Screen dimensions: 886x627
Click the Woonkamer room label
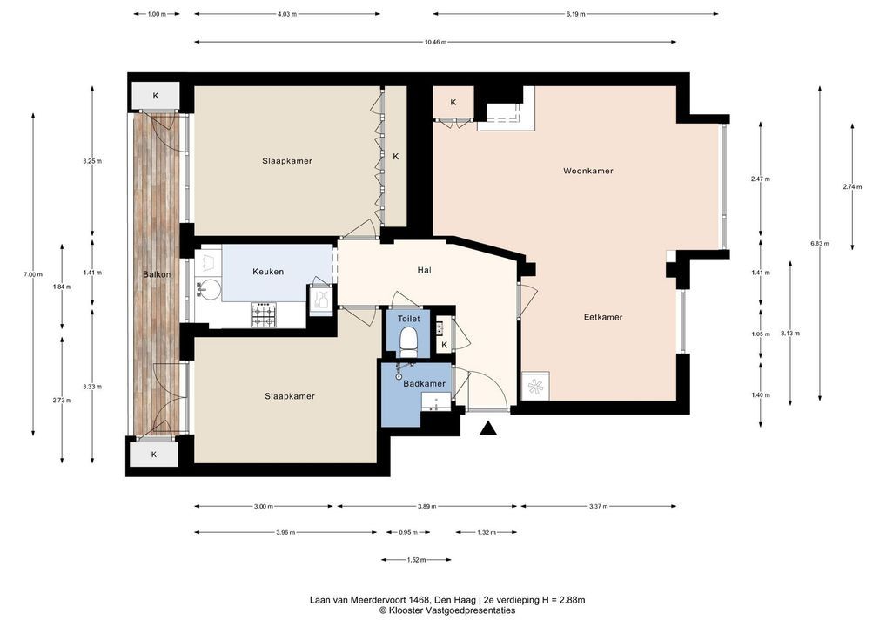pos(587,171)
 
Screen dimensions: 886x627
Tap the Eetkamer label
pos(603,317)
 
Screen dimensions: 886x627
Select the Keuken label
pos(268,272)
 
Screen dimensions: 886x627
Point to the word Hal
pos(425,270)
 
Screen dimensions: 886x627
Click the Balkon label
pos(157,274)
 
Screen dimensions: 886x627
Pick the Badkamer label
pos(425,383)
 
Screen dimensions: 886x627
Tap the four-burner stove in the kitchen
pos(264,315)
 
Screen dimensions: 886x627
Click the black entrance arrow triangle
pos(488,429)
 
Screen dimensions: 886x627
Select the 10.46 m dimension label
pos(435,42)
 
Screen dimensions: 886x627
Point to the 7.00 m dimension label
pos(33,274)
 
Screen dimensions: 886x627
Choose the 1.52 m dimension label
pos(416,560)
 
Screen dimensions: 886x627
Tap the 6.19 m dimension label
pos(575,14)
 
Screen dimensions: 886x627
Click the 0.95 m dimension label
pos(408,532)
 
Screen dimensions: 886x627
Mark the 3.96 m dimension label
pos(285,532)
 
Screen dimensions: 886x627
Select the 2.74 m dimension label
pos(852,186)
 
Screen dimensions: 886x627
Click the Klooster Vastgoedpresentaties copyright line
pos(447,610)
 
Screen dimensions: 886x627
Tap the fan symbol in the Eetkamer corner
pos(534,386)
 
